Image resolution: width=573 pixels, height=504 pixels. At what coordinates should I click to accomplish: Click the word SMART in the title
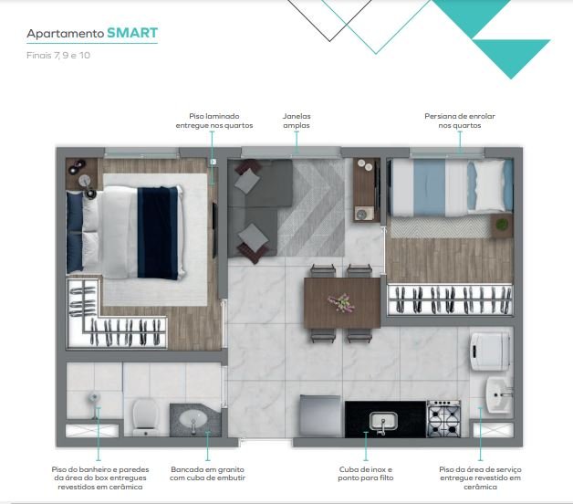pyautogui.click(x=132, y=33)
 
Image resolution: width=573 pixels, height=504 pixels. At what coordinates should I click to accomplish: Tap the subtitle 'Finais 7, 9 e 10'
pyautogui.click(x=58, y=55)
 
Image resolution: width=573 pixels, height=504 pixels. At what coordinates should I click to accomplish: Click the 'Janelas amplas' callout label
pyautogui.click(x=297, y=121)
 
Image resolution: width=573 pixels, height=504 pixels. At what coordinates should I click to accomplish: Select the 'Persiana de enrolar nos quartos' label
pyautogui.click(x=460, y=121)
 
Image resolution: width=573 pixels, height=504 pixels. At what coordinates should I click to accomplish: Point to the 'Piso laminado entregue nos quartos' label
pyautogui.click(x=214, y=121)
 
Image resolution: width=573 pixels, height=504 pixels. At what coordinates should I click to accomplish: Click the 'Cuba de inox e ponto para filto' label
pyautogui.click(x=366, y=474)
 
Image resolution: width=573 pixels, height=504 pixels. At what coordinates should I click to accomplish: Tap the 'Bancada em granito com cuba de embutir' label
pyautogui.click(x=207, y=474)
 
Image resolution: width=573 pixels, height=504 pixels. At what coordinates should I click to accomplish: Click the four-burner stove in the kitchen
pyautogui.click(x=443, y=418)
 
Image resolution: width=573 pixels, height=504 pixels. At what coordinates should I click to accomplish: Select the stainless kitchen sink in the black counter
pyautogui.click(x=383, y=421)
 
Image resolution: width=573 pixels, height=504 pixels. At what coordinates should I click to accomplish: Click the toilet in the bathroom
pyautogui.click(x=145, y=417)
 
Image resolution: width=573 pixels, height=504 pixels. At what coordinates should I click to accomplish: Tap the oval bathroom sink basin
pyautogui.click(x=193, y=418)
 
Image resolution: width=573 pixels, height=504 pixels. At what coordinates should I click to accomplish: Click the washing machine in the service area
pyautogui.click(x=491, y=352)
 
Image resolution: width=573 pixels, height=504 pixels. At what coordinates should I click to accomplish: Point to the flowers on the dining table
pyautogui.click(x=341, y=302)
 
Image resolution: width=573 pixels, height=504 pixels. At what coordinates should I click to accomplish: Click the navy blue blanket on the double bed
pyautogui.click(x=157, y=232)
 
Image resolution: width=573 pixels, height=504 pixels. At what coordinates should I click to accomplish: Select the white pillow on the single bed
pyautogui.click(x=489, y=185)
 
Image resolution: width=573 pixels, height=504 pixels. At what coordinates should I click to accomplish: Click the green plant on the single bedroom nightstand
pyautogui.click(x=502, y=224)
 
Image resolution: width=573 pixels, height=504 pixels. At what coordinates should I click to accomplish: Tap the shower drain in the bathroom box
pyautogui.click(x=94, y=397)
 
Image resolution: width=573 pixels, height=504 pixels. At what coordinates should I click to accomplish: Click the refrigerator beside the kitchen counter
pyautogui.click(x=320, y=415)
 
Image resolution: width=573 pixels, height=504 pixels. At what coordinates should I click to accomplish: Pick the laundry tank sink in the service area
pyautogui.click(x=498, y=395)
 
